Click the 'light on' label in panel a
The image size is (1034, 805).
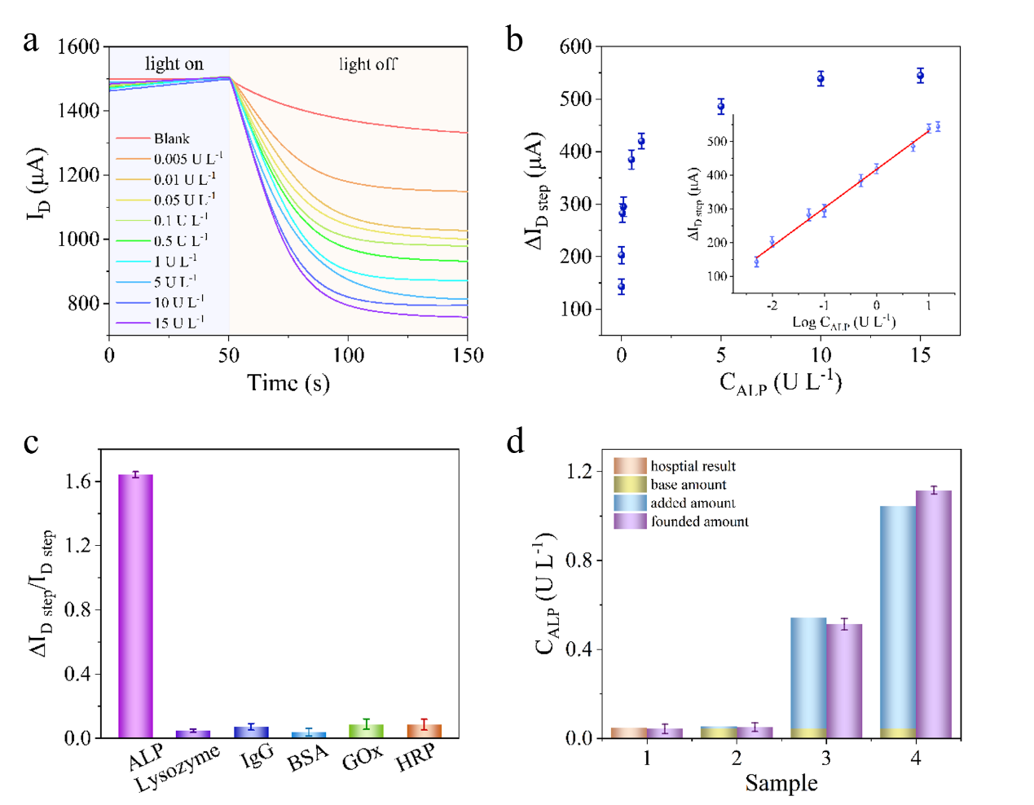coord(174,64)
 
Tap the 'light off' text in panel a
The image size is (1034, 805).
coord(368,64)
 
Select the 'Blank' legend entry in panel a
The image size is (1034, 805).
coord(171,139)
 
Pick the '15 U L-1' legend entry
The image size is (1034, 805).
coord(179,323)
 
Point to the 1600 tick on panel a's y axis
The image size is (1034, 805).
coord(78,46)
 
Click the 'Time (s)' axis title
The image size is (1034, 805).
coord(288,383)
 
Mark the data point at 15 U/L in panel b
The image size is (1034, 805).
coord(920,76)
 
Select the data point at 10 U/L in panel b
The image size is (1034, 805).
coord(821,78)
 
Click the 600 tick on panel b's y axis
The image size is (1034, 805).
coord(575,46)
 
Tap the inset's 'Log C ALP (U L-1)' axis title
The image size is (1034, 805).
coord(843,322)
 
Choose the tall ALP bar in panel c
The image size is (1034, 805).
coord(135,605)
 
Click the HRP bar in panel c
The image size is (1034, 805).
coord(424,731)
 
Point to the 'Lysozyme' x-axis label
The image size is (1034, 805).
coord(178,768)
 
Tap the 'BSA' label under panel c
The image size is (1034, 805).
coord(308,759)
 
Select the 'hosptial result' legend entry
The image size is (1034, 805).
coord(693,466)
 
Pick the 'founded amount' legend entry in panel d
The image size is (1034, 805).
coord(699,521)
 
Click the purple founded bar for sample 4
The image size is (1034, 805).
coord(933,614)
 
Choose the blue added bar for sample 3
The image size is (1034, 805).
coord(808,672)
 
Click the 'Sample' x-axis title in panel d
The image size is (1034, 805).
coord(781,783)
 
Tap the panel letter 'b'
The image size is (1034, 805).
coord(514,39)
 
